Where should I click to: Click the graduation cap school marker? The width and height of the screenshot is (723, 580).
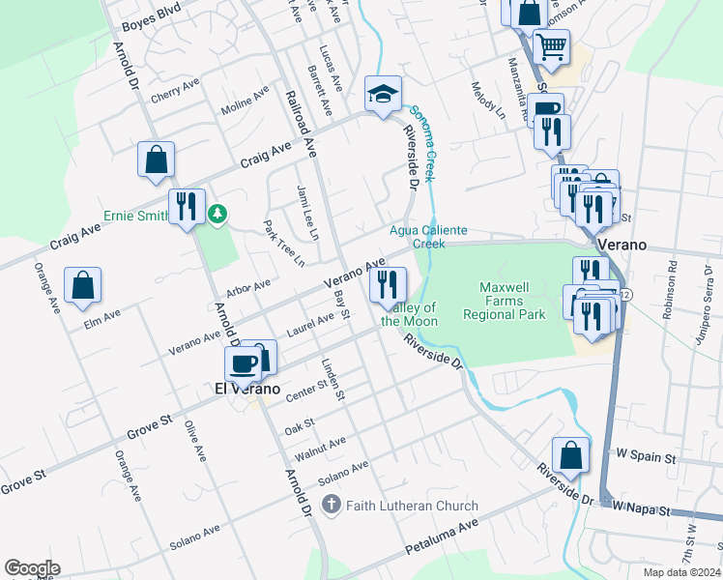(384, 94)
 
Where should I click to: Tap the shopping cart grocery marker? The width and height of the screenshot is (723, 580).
(551, 45)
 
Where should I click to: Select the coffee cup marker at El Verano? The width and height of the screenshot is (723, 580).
(243, 363)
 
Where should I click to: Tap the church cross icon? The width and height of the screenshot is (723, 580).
(332, 505)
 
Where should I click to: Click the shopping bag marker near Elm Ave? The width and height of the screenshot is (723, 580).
(83, 284)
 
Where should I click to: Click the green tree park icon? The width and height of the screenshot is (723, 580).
(218, 214)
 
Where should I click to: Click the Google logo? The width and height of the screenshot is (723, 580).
(32, 568)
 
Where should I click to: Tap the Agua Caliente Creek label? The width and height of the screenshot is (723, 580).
(428, 237)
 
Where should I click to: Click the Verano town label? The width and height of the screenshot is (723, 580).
(621, 245)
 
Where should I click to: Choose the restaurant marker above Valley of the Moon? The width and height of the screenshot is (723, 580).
(388, 284)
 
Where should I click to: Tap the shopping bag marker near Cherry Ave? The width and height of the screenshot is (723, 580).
(156, 159)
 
